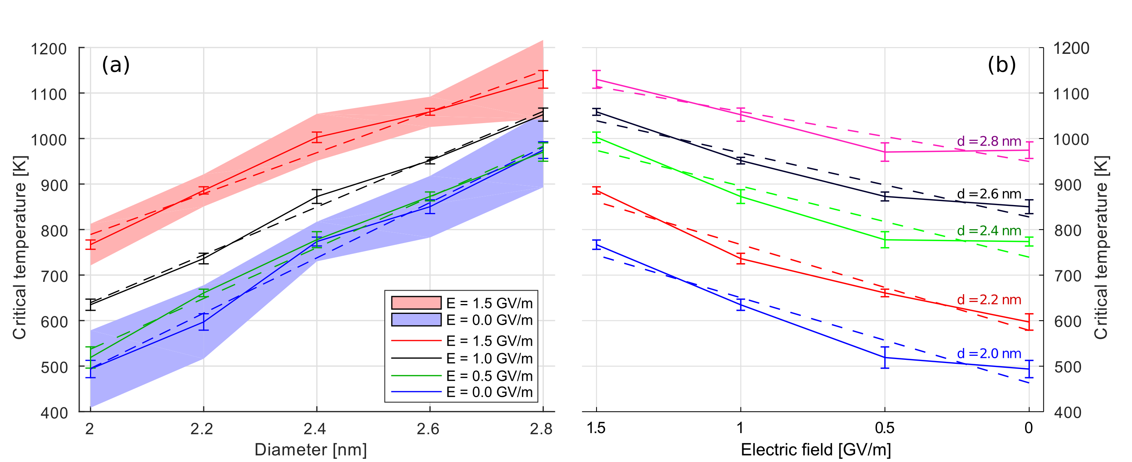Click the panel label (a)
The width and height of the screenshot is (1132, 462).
pyautogui.click(x=116, y=65)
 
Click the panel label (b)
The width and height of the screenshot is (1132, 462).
pyautogui.click(x=1001, y=65)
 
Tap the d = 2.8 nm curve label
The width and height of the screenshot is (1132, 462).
pyautogui.click(x=989, y=141)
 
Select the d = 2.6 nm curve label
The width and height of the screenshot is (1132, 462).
pyautogui.click(x=989, y=194)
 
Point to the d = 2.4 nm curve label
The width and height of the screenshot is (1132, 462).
pyautogui.click(x=989, y=231)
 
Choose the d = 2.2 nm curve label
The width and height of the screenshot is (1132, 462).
pyautogui.click(x=989, y=300)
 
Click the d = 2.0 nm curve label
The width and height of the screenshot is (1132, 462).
pyautogui.click(x=989, y=354)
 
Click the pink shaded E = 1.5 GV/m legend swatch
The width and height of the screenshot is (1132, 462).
pyautogui.click(x=416, y=302)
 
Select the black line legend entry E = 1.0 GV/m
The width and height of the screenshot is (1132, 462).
pyautogui.click(x=461, y=358)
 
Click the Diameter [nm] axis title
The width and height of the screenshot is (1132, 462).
pyautogui.click(x=310, y=450)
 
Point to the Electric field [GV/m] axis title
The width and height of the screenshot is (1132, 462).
pyautogui.click(x=816, y=450)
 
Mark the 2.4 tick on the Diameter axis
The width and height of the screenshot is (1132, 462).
pyautogui.click(x=314, y=428)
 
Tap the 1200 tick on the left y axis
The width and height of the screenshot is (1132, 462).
pyautogui.click(x=48, y=49)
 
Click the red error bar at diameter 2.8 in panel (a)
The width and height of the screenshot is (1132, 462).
pyautogui.click(x=543, y=80)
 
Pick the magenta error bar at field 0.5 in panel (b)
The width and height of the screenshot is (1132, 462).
pyautogui.click(x=884, y=152)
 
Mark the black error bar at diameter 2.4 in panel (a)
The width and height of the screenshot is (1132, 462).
pyautogui.click(x=317, y=196)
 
